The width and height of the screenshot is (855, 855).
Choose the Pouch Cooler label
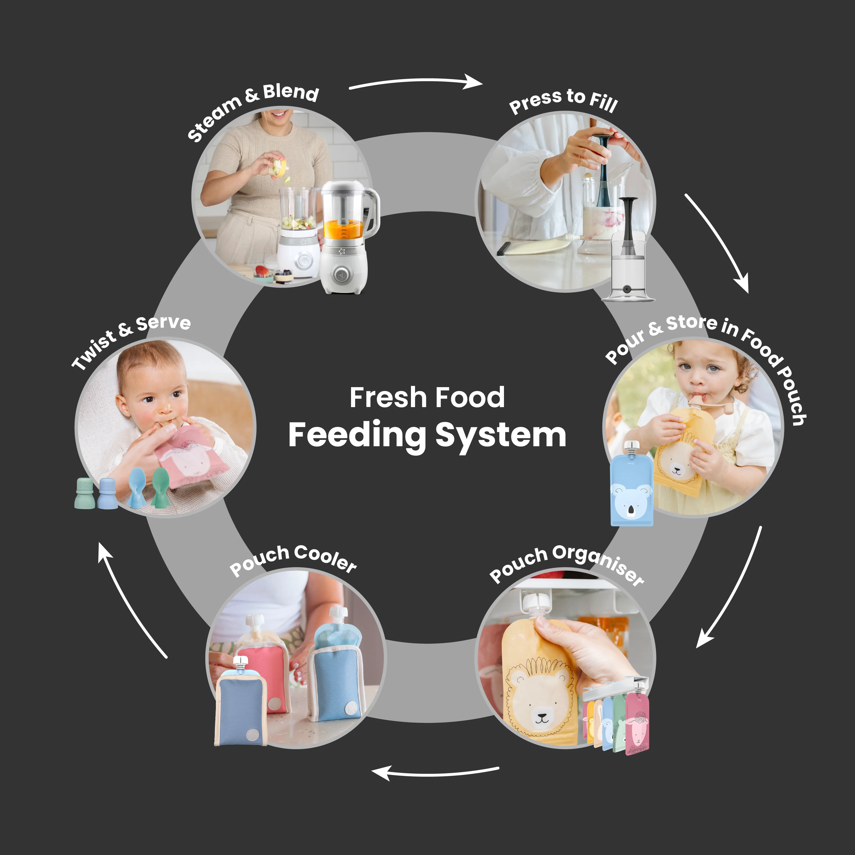click(x=293, y=560)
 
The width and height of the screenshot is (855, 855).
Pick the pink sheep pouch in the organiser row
click(x=637, y=724)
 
